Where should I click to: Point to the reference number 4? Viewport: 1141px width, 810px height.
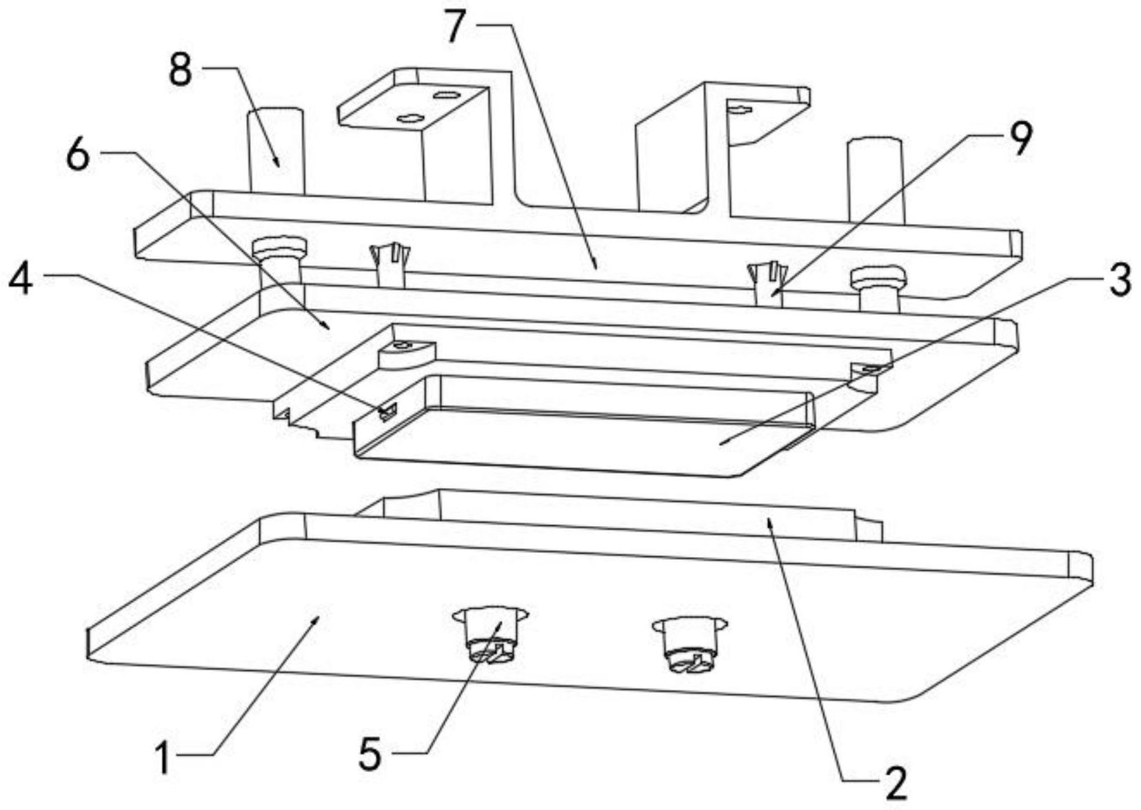pos(21,279)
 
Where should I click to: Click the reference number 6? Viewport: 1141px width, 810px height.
pos(78,156)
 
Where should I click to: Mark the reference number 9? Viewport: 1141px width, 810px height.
pos(1020,138)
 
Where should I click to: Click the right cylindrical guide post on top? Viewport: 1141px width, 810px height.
pos(875,179)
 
